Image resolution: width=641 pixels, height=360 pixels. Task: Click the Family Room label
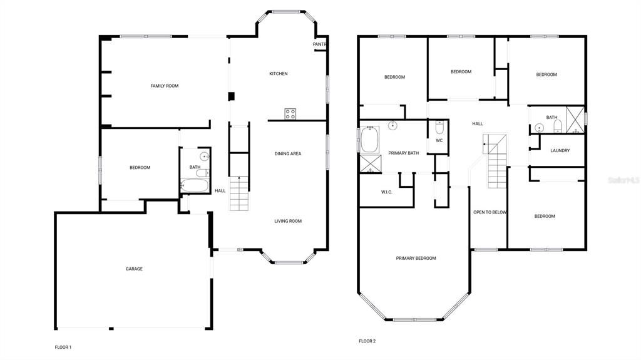point(164,86)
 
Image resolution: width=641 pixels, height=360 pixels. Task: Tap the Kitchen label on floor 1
point(279,74)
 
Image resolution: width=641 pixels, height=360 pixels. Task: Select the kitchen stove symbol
point(290,113)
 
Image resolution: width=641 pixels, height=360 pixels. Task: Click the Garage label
point(134,269)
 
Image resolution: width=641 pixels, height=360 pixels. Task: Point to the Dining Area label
point(287,153)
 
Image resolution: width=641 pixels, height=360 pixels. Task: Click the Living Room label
point(288,221)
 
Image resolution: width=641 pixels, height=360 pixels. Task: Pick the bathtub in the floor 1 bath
point(194,185)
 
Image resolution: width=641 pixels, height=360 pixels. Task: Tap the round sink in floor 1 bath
point(203,157)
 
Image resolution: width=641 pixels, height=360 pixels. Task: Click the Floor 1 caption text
point(63,347)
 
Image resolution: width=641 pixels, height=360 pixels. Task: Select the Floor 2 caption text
point(367,341)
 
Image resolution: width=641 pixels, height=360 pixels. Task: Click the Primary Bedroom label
point(416,258)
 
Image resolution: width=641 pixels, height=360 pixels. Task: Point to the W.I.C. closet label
point(386,192)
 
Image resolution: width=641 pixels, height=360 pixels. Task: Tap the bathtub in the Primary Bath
point(369,139)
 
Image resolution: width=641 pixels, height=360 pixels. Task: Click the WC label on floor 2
point(439,140)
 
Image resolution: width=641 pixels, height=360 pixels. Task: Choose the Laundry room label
point(560,150)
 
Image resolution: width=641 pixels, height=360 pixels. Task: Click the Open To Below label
point(490,212)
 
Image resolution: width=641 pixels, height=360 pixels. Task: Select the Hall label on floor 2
point(477,123)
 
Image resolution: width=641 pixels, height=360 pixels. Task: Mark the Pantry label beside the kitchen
point(320,44)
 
